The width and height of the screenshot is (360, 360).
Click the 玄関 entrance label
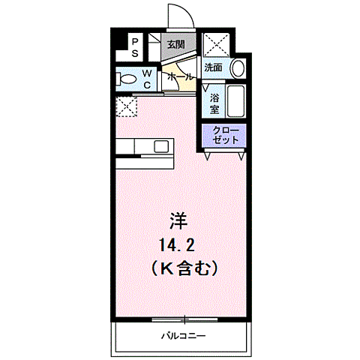(x=175, y=44)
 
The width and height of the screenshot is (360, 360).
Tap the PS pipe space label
(x=135, y=48)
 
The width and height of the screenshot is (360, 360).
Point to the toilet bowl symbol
(x=127, y=79)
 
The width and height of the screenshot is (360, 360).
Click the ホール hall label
(x=180, y=76)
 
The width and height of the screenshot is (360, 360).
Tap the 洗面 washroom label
(x=214, y=67)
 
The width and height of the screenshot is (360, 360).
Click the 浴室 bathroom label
(x=214, y=103)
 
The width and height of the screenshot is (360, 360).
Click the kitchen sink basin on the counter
(x=161, y=146)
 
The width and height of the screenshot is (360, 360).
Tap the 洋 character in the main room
(x=178, y=222)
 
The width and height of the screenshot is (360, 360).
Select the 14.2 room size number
(x=178, y=244)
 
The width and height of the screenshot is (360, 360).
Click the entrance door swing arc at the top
(x=177, y=16)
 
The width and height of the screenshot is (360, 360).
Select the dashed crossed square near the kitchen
(x=126, y=107)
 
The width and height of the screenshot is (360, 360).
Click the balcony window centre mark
(x=182, y=320)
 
